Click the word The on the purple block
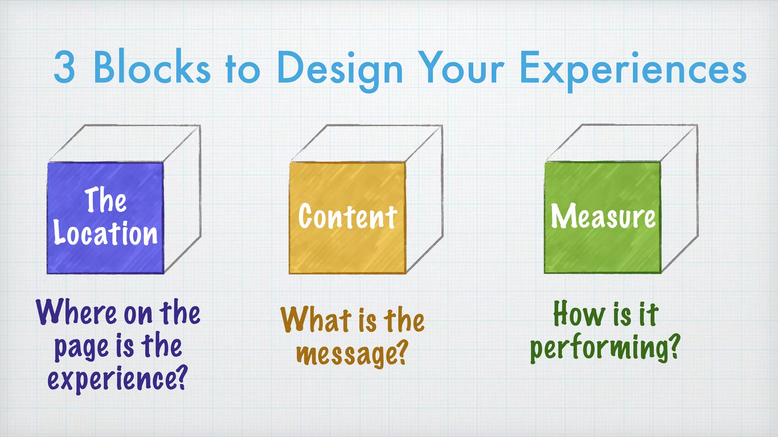tap(105, 200)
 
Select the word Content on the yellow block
tap(347, 217)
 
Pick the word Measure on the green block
tap(603, 216)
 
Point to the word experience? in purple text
tap(118, 379)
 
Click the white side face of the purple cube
tap(182, 201)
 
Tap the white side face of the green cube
tap(680, 201)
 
